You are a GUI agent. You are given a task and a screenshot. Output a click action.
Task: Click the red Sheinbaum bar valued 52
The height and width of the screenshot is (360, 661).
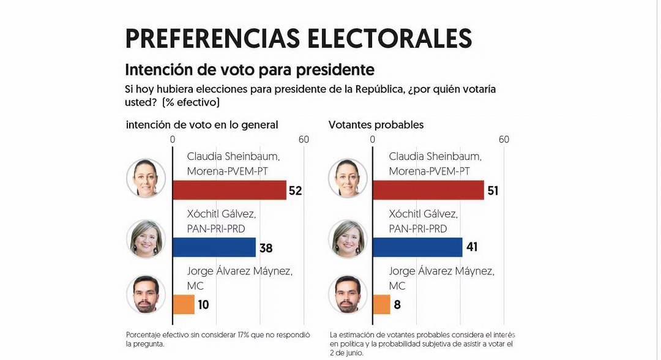(x=230, y=190)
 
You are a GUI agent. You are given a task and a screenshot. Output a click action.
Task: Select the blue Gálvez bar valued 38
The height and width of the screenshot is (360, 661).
(x=214, y=247)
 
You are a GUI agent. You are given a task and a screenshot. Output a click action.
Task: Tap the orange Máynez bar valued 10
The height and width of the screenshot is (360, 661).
(x=184, y=304)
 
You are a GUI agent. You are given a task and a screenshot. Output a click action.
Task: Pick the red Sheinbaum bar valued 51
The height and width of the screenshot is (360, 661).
(x=428, y=190)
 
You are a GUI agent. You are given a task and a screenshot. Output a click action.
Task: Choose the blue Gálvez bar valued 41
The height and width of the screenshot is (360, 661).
(x=417, y=247)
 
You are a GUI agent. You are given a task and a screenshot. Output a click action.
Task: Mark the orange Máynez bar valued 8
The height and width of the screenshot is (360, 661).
(x=381, y=304)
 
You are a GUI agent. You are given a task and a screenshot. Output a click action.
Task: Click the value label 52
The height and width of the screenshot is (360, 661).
(x=296, y=191)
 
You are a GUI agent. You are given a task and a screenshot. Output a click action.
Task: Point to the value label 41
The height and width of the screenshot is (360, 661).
(x=471, y=248)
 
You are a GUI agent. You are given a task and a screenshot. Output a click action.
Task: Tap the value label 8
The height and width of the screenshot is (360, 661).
(x=397, y=305)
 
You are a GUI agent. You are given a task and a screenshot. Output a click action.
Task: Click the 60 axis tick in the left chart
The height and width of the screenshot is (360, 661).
(x=303, y=140)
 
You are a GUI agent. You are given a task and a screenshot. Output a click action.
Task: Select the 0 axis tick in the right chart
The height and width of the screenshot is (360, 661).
(x=373, y=140)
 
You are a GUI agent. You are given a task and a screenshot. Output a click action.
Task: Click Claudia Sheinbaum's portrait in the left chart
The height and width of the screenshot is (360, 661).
(x=146, y=178)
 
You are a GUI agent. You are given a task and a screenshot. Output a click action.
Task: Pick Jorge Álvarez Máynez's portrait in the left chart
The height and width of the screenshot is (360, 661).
(x=146, y=294)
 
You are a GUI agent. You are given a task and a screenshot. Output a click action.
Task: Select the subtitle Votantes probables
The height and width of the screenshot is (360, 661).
(x=376, y=125)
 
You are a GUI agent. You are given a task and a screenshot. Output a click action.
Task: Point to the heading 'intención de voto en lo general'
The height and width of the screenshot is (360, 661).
(x=202, y=125)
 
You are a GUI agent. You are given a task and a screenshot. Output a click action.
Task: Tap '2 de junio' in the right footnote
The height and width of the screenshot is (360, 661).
(x=346, y=353)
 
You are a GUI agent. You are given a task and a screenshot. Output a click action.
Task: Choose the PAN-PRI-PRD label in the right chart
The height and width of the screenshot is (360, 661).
(x=418, y=228)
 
